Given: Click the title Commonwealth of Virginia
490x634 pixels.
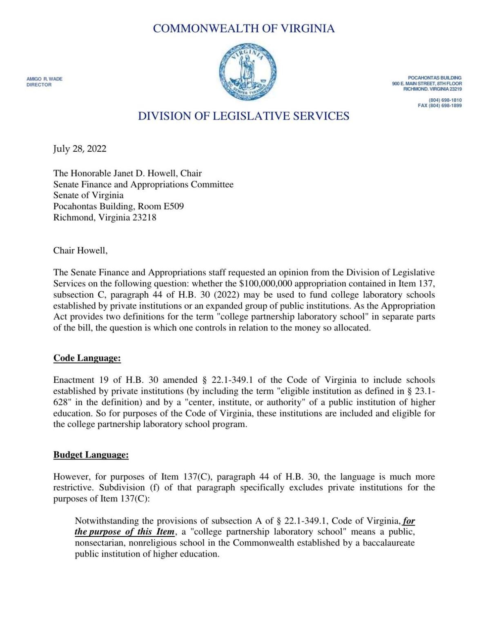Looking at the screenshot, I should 244,29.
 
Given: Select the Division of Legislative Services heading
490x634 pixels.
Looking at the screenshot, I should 243,116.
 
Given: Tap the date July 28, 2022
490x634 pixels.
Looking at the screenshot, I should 80,149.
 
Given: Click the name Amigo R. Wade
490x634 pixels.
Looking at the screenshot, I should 45,79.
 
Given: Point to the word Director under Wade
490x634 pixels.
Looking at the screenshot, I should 39,85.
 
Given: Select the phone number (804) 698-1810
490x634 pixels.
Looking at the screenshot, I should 445,100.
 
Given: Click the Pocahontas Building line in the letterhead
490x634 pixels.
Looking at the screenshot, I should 434,78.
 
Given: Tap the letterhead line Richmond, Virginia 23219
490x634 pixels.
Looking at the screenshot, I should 432,89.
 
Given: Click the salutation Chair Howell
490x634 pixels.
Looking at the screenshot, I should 80,250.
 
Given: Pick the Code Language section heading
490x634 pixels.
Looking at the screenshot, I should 87,358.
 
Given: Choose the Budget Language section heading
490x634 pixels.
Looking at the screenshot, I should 91,455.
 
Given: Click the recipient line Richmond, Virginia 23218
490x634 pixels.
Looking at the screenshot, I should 105,217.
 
